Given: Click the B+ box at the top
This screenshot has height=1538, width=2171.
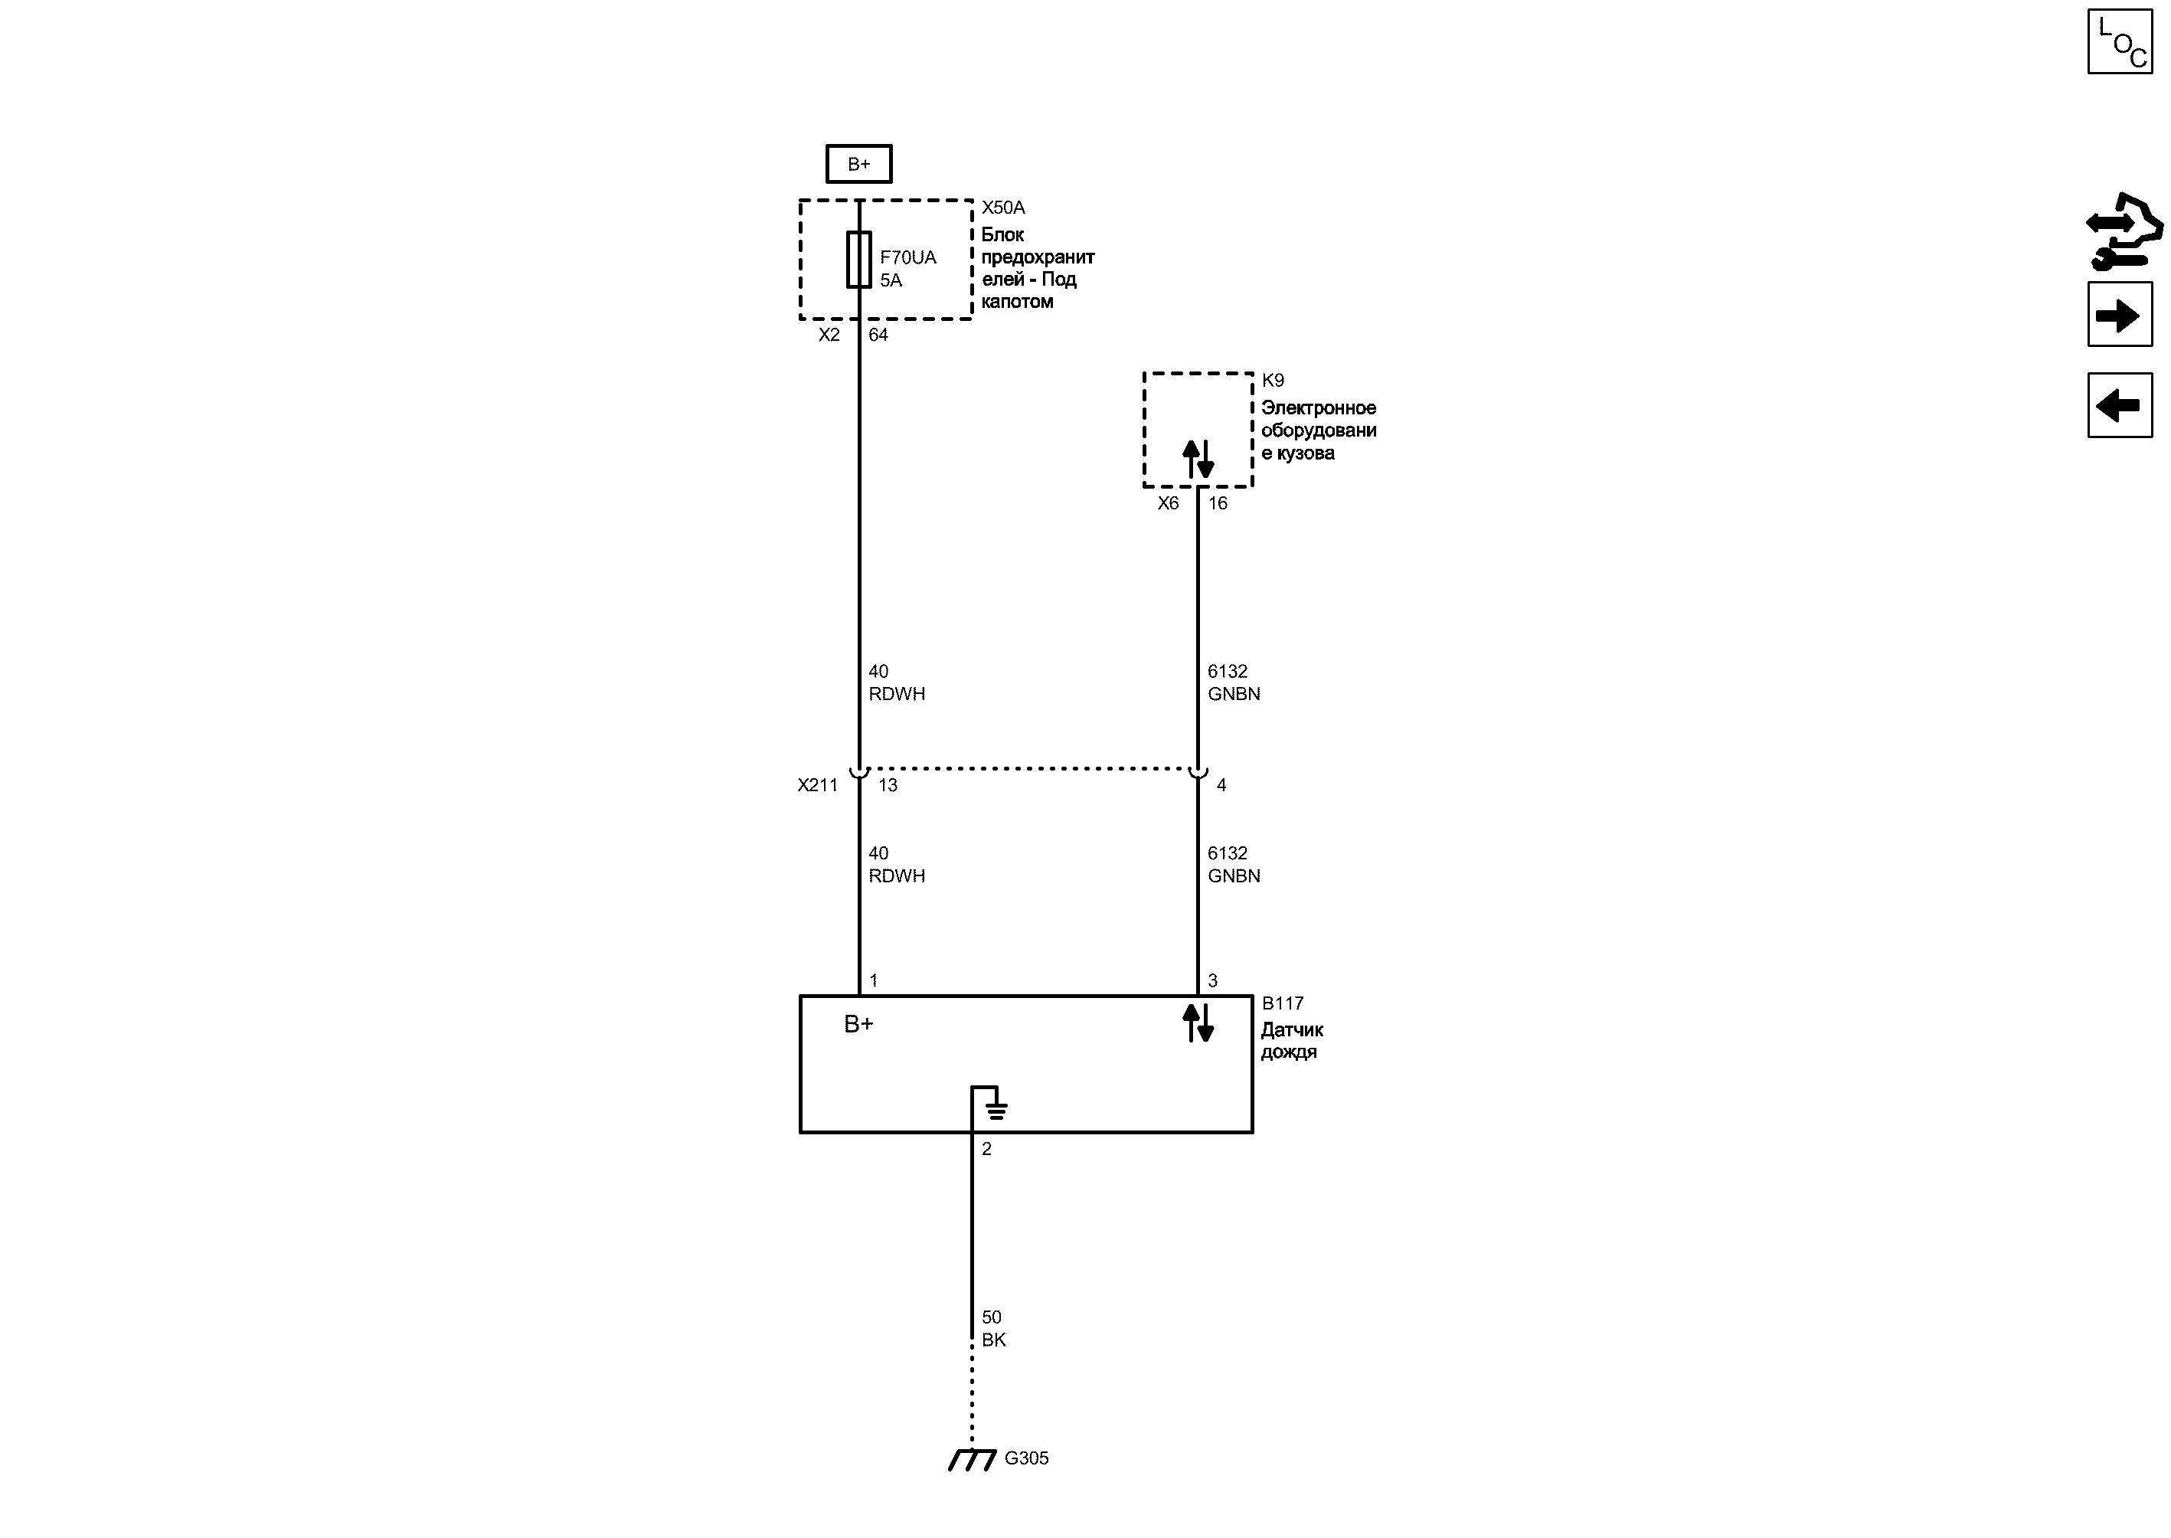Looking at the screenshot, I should [x=858, y=164].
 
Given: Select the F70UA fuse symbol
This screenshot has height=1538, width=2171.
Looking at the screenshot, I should [x=858, y=259].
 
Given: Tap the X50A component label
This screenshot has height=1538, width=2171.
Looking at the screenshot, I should [x=1002, y=208].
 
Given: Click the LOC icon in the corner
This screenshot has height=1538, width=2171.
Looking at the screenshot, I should [x=2120, y=41].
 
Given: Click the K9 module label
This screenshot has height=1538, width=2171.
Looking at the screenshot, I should [x=1273, y=381].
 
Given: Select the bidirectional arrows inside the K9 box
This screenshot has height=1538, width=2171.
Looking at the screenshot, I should [x=1198, y=460].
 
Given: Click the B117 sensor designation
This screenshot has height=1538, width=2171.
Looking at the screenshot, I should [x=1283, y=1003].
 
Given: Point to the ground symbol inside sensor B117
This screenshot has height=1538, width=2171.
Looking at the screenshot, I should [x=995, y=1106].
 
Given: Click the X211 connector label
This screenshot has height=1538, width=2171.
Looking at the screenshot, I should [x=817, y=785].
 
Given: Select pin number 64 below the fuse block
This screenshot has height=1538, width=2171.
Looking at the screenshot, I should [x=878, y=334].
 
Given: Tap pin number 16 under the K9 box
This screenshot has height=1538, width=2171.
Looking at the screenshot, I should [x=1218, y=504].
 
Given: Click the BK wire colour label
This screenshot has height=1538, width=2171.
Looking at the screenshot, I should [x=993, y=1340].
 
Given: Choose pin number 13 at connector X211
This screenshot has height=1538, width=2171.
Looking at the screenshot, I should [x=887, y=785].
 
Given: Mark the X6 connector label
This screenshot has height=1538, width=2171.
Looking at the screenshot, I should [x=1169, y=504].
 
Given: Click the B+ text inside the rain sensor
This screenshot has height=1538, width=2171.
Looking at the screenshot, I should [x=858, y=1024].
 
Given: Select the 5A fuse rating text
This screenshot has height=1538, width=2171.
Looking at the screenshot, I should [x=891, y=280].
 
